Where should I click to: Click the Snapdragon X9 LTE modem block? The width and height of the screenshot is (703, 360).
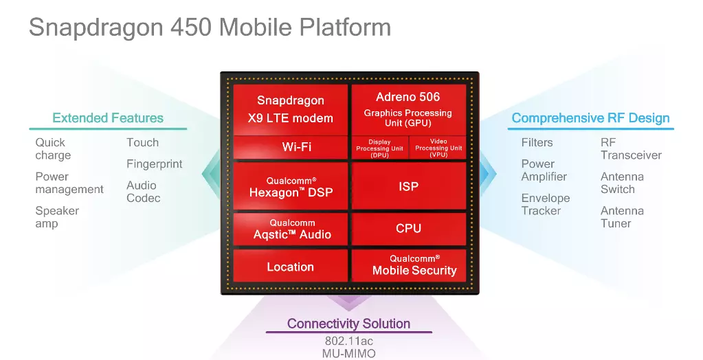coord(291,109)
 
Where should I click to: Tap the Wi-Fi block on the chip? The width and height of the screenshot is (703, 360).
coord(291,147)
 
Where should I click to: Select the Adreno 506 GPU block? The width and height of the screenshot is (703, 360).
coord(408,109)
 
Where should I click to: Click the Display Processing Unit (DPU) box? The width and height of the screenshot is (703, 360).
coord(380,148)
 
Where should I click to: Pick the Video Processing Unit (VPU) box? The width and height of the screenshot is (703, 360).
coord(438,148)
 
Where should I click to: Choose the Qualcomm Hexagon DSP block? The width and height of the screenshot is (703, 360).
coord(291,186)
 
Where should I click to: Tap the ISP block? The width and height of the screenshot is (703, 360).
coord(408,186)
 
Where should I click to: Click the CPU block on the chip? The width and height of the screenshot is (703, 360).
coord(408,229)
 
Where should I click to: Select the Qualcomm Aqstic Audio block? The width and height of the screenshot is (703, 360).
coord(291,229)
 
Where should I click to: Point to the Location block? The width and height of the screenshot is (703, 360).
coord(291,266)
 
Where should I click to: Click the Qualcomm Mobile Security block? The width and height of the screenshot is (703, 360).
coord(408,266)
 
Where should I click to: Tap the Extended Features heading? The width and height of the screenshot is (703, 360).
coord(108,118)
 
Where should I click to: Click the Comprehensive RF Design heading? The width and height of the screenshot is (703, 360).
coord(590,118)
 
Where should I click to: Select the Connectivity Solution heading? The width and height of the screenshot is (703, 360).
coord(349,323)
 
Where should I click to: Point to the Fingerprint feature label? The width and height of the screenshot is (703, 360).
coord(154,164)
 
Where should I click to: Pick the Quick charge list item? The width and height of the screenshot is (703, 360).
coord(53,149)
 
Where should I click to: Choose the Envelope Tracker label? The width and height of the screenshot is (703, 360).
coord(545,205)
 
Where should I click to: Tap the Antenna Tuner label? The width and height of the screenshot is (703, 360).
coord(622,217)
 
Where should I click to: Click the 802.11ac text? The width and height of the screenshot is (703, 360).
coord(349,341)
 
